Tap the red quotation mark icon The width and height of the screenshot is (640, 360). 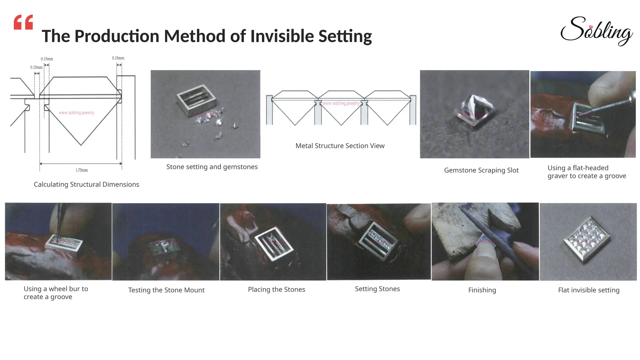(23, 22)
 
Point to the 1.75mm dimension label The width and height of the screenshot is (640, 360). (82, 170)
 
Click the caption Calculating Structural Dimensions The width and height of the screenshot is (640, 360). (86, 184)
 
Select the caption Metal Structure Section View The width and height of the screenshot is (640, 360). (340, 146)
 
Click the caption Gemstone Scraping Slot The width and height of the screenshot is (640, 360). (481, 170)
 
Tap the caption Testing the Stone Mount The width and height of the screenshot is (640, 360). (166, 290)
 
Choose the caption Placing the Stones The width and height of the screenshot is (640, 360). (276, 289)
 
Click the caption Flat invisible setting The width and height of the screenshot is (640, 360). (588, 290)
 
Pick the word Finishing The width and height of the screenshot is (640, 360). (482, 290)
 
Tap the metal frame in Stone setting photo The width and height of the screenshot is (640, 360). (196, 100)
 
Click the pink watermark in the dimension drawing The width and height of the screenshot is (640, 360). (76, 113)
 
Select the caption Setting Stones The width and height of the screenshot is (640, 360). (377, 289)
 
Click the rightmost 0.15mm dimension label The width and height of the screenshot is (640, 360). (118, 58)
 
